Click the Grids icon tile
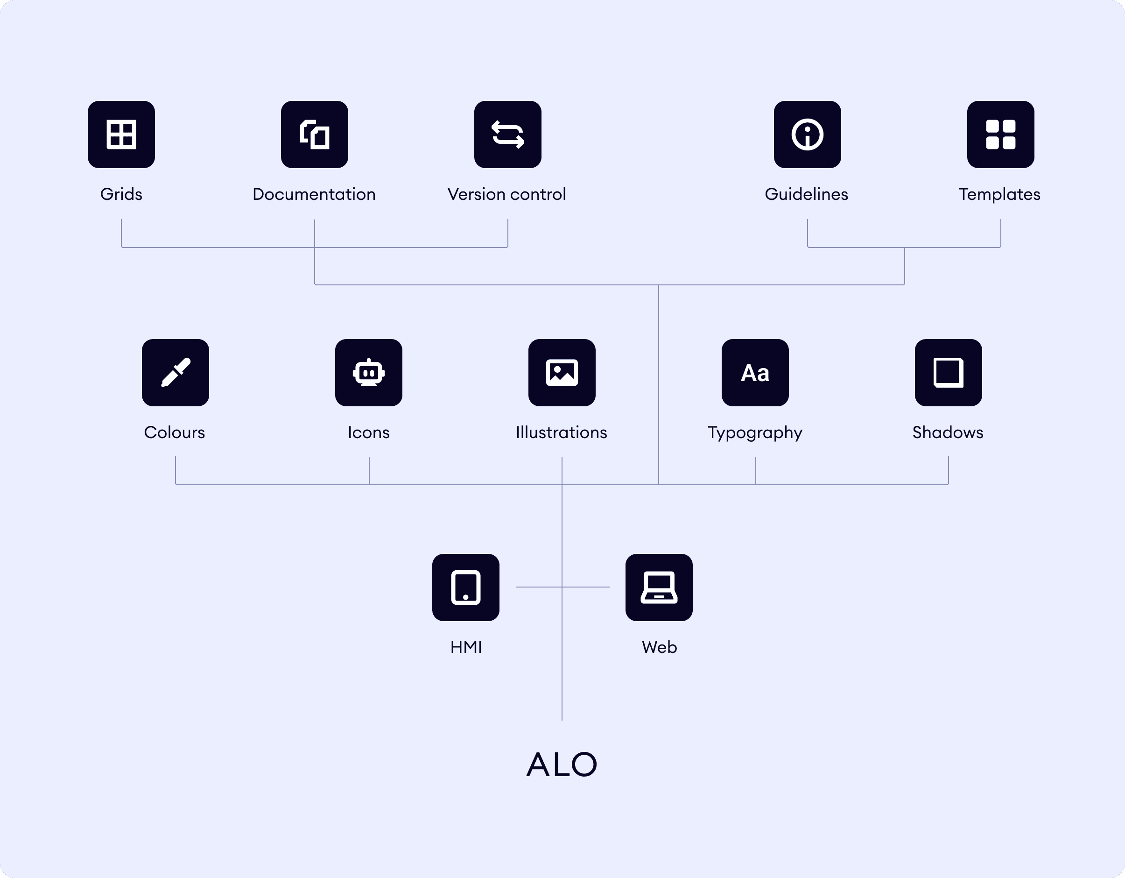click(x=121, y=135)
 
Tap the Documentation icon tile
click(x=314, y=135)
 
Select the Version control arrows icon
click(x=507, y=135)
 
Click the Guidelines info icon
click(x=807, y=135)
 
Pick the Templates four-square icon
click(x=1000, y=135)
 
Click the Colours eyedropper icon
click(x=175, y=373)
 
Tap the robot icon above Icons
click(x=368, y=373)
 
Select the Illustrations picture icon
click(x=562, y=373)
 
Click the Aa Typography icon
click(x=755, y=373)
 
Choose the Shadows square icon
click(x=948, y=373)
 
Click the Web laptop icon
click(x=659, y=588)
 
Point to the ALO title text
click(x=562, y=764)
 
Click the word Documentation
click(x=314, y=194)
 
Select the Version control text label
click(x=507, y=194)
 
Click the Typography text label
click(x=755, y=433)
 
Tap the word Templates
click(x=999, y=194)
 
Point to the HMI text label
click(x=466, y=647)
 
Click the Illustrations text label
click(x=562, y=432)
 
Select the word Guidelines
click(x=806, y=194)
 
